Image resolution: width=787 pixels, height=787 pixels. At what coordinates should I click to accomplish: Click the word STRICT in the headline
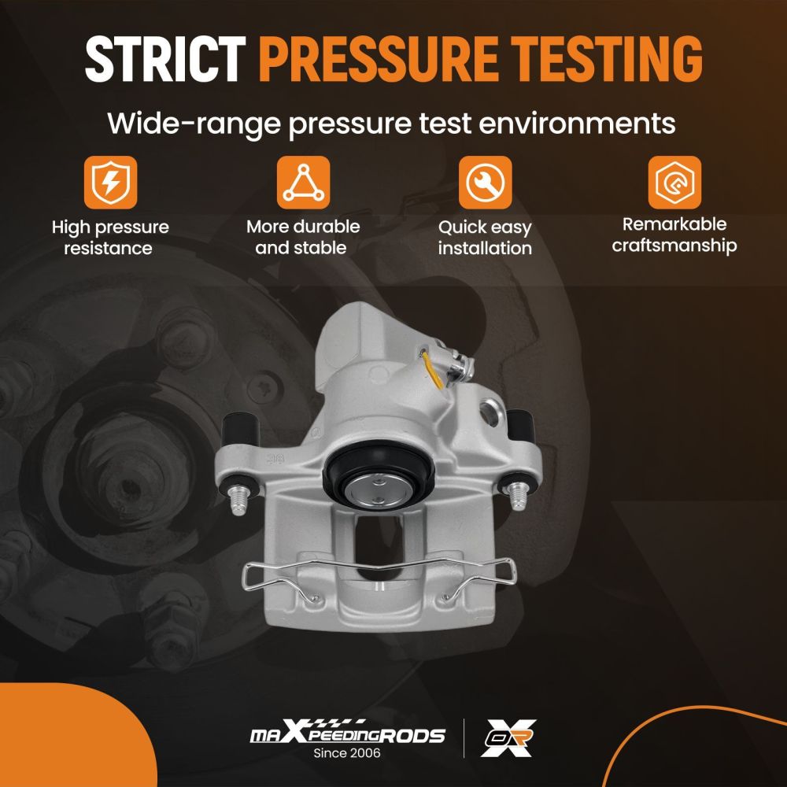pos(165,59)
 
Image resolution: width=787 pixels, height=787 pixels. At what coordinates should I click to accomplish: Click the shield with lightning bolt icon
pos(110,183)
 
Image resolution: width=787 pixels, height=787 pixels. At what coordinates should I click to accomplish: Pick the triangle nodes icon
pos(303,183)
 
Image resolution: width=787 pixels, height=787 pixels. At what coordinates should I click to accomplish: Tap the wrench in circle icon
pos(485,183)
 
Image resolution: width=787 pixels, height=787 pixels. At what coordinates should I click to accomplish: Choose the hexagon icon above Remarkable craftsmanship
pos(674,183)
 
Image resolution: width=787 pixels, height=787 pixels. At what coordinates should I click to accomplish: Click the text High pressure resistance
pos(110,238)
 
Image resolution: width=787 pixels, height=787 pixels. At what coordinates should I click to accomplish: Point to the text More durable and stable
pos(303,237)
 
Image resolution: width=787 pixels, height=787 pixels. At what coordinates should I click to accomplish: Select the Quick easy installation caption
pos(485,238)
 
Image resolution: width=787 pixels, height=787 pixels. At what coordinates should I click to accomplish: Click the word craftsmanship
pos(674,246)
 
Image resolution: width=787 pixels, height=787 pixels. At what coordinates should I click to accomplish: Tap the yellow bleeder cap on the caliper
pos(434,371)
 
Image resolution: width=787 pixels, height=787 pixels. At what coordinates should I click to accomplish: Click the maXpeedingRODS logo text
pos(347,733)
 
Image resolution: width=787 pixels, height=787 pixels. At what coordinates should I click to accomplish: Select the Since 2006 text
pos(347,753)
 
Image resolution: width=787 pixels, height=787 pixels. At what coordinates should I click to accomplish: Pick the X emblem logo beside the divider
pos(508,737)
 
